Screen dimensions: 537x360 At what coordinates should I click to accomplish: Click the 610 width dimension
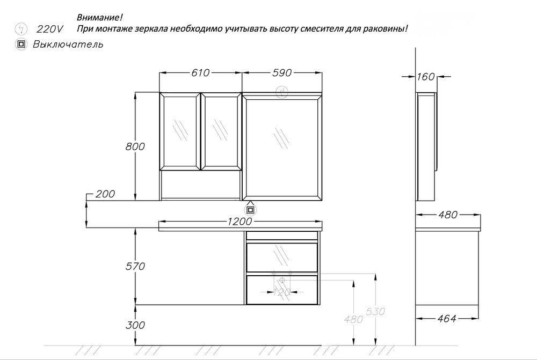(x=200, y=72)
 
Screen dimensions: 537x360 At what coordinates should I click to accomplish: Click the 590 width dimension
(x=282, y=72)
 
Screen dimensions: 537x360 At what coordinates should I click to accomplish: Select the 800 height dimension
(x=135, y=146)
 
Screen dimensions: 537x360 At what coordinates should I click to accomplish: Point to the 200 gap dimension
(x=105, y=194)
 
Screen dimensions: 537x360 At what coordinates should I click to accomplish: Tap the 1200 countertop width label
(x=240, y=222)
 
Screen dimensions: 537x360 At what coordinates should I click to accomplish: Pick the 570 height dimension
(x=135, y=266)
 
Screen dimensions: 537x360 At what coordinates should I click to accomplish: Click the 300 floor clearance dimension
(x=135, y=325)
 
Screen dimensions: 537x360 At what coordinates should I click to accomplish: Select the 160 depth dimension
(x=426, y=77)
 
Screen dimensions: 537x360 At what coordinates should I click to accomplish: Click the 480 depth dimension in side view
(x=448, y=215)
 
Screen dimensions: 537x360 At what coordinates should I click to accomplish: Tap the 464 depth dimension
(x=447, y=319)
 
